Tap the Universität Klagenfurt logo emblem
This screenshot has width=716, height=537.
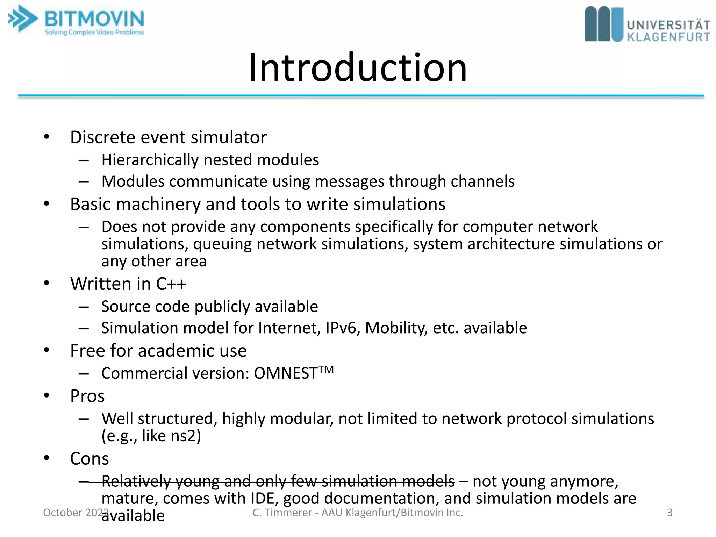pos(603,24)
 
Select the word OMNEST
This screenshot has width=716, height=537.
pos(285,373)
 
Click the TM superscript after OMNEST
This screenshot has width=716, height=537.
pos(326,369)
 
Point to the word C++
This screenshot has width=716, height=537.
pos(171,284)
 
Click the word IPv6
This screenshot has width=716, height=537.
pos(342,328)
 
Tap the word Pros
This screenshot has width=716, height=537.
pos(87,396)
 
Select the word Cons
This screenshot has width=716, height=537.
pos(89,459)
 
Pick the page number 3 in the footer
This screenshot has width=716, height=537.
pos(670,513)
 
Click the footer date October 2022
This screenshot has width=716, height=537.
pos(75,513)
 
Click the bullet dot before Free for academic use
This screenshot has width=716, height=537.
pos(47,350)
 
